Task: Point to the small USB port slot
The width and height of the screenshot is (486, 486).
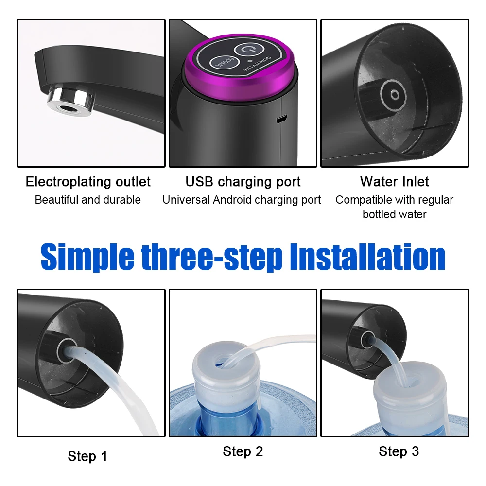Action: (281, 119)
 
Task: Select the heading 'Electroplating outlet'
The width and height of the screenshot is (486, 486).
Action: (88, 182)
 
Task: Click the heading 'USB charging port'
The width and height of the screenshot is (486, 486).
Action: (243, 182)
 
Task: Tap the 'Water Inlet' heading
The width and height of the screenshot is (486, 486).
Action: (394, 182)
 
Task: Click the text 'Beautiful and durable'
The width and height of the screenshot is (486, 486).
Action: (88, 200)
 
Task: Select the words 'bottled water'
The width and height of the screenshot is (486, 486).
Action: (394, 214)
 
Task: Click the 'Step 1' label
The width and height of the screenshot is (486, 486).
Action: (87, 456)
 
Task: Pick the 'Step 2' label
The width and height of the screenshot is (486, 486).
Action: (243, 451)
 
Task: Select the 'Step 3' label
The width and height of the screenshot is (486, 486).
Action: (399, 451)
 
